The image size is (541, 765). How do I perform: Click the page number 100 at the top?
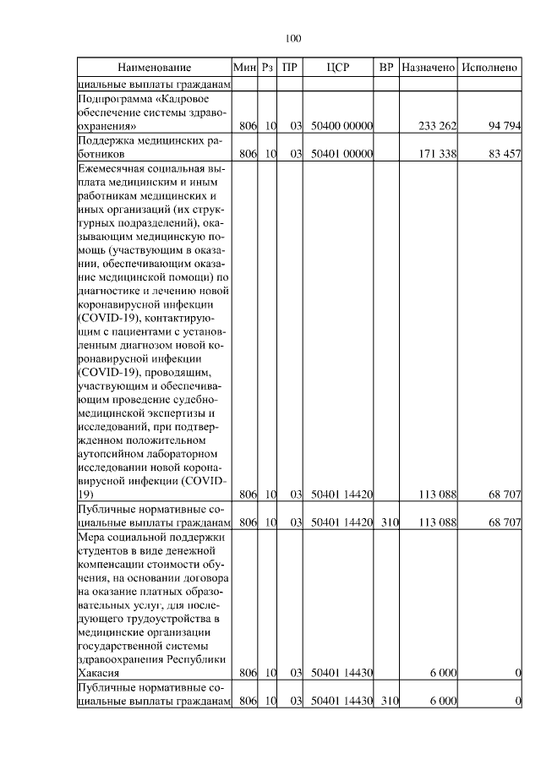(x=293, y=38)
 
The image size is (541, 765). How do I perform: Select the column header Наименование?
(x=154, y=67)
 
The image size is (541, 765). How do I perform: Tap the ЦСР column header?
(x=338, y=67)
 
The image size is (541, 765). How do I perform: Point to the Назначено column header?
(x=429, y=67)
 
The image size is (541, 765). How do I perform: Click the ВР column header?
(x=386, y=67)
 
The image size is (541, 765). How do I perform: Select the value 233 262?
(x=438, y=126)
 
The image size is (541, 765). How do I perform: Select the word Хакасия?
(x=98, y=673)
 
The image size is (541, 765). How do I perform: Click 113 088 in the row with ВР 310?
(x=438, y=522)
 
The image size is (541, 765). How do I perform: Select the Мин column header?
(x=244, y=67)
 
